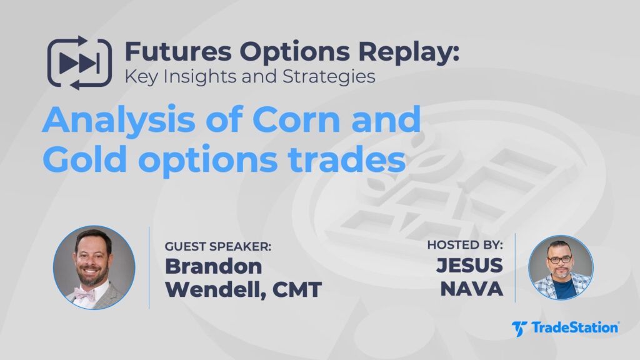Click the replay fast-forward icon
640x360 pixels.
point(79,63)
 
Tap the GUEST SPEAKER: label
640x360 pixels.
point(218,246)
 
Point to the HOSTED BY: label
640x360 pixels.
point(464,246)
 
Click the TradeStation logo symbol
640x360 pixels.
point(519,328)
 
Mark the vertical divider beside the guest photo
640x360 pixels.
point(149,267)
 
